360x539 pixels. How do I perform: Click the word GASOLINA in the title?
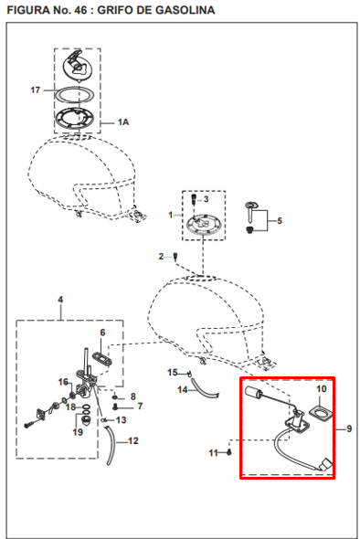coord(185,10)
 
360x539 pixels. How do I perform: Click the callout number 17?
coord(36,90)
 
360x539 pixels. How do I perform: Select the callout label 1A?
coord(123,122)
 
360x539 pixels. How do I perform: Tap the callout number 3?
coord(206,199)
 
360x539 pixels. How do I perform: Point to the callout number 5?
coord(280,221)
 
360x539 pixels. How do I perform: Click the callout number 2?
coord(161,257)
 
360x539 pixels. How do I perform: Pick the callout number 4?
coord(60,300)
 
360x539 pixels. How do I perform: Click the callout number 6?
coord(102,333)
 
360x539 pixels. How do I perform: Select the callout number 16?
coord(63,382)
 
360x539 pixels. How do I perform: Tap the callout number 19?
coord(78,432)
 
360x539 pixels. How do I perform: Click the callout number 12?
coord(133,440)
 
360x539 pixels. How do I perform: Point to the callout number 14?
coord(182,390)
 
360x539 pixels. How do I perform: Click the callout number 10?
coord(321,389)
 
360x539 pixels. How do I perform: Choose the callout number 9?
coord(349,428)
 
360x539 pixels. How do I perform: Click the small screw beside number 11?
coord(229,452)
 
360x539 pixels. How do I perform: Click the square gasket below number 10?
coord(322,412)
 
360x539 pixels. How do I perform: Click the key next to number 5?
coord(250,211)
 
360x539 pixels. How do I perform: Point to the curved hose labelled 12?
coord(111,446)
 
